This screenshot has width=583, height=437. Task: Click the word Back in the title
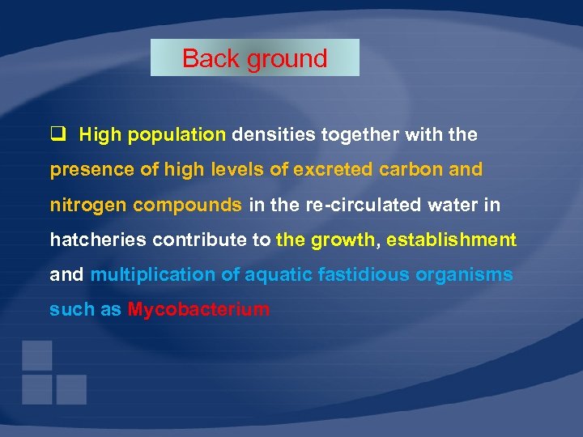pyautogui.click(x=206, y=58)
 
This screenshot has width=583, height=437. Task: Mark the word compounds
pyautogui.click(x=187, y=206)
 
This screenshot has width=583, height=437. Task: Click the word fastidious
pyautogui.click(x=363, y=274)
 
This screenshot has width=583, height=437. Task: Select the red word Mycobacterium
pyautogui.click(x=198, y=309)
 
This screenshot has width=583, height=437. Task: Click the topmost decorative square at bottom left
pyautogui.click(x=37, y=354)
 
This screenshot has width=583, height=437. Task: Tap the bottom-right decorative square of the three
pyautogui.click(x=71, y=389)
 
